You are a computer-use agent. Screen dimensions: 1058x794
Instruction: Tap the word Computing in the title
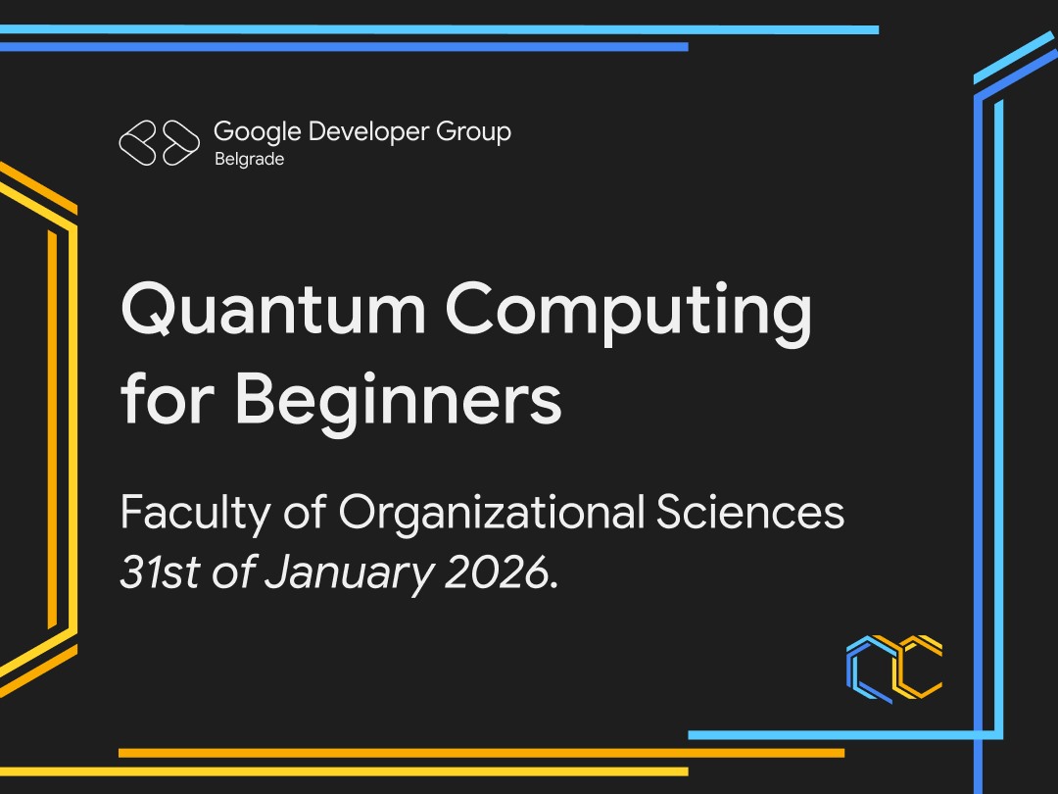(x=628, y=315)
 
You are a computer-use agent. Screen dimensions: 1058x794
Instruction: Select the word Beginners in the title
(x=398, y=400)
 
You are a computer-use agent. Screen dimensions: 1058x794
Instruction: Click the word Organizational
(x=492, y=515)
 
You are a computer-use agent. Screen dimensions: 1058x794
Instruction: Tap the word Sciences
(x=749, y=512)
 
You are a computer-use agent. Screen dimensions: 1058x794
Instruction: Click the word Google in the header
(x=257, y=132)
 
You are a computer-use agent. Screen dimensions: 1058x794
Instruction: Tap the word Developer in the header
(x=368, y=132)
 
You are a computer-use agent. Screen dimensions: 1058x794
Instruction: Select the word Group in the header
(x=474, y=132)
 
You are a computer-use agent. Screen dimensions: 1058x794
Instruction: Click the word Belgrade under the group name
(x=249, y=160)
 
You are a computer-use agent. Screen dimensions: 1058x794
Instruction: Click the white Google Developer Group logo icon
(x=160, y=142)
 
